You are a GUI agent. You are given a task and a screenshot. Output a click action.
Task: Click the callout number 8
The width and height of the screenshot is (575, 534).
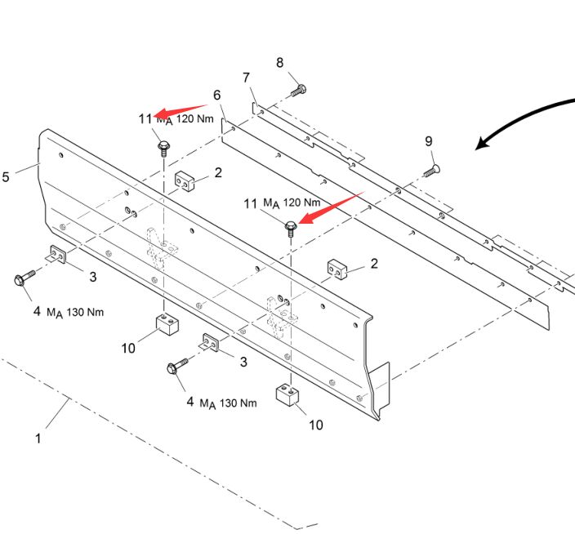click(x=279, y=63)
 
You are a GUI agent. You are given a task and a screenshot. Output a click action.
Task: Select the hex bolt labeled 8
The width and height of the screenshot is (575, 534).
click(x=299, y=90)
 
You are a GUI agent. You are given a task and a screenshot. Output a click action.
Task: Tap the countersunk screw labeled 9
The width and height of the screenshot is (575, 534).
click(x=432, y=171)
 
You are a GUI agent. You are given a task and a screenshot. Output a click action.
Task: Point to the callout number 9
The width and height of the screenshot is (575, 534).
click(x=428, y=141)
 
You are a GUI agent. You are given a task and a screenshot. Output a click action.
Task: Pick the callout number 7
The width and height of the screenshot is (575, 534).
click(x=246, y=78)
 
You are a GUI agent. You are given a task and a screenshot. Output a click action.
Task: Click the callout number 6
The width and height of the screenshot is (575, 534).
click(x=216, y=95)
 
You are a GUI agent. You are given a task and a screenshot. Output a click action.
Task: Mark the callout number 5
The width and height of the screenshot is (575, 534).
click(x=6, y=177)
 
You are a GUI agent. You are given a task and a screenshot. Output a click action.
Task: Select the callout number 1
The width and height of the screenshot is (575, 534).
click(x=38, y=438)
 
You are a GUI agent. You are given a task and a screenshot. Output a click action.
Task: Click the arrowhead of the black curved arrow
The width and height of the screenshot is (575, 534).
click(x=481, y=144)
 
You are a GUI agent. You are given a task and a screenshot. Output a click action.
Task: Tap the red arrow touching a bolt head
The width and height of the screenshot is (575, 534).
click(x=331, y=208)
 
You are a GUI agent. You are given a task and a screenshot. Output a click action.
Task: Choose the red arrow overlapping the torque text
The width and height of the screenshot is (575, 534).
click(x=181, y=111)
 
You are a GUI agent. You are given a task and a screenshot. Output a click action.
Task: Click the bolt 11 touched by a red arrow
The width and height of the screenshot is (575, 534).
click(x=291, y=229)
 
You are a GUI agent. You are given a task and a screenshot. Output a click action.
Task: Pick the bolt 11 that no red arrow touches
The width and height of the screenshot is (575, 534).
click(x=163, y=148)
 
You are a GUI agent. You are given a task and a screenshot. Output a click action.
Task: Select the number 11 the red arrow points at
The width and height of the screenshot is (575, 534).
click(x=145, y=118)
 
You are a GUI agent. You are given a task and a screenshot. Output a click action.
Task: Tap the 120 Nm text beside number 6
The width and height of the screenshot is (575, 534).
click(x=194, y=118)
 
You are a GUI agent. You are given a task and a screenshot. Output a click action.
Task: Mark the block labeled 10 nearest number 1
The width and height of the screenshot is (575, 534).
click(x=167, y=324)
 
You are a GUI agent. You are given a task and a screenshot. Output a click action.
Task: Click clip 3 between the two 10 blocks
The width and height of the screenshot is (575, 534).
click(x=210, y=343)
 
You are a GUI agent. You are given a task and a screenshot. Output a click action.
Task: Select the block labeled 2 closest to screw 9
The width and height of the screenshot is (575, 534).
click(x=337, y=269)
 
